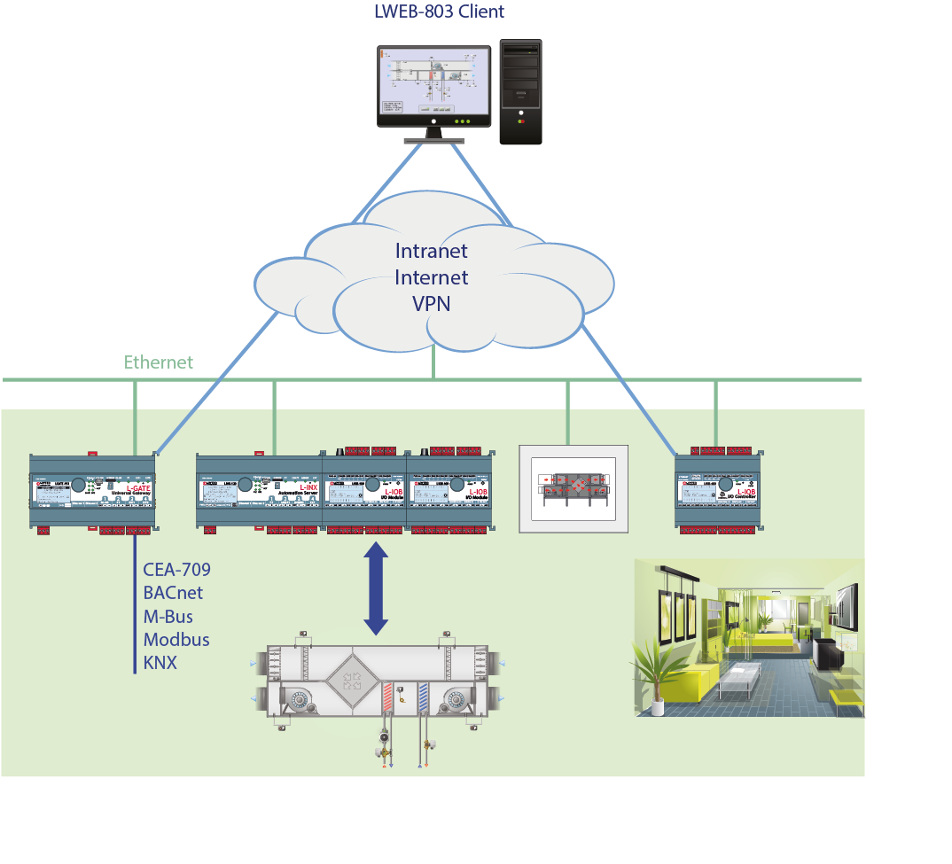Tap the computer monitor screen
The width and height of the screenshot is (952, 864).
pos(432,83)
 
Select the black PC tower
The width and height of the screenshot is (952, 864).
pos(520,91)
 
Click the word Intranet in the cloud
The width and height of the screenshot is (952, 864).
pos(431,251)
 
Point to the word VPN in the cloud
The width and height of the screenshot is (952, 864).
pos(431,303)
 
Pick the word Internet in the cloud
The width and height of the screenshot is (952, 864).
pos(431,277)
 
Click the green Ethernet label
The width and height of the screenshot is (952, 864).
pos(158,362)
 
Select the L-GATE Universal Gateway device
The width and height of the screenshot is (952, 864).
pos(92,493)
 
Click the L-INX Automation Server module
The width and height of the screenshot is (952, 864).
pos(259,493)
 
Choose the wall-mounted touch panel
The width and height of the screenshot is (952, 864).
pos(573,488)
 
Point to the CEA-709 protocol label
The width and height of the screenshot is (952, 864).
pos(176,570)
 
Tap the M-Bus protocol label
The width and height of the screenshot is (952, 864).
pos(168,616)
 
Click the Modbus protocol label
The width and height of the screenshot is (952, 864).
pos(176,639)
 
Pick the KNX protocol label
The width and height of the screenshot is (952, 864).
pos(160,662)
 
